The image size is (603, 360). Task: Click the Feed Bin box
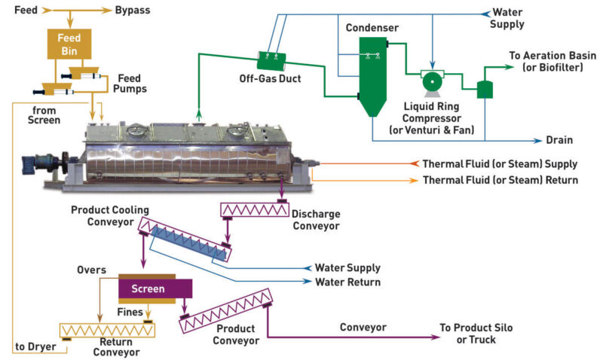click(69, 45)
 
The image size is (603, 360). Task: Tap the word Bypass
click(132, 11)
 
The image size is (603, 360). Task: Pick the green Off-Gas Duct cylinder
click(270, 58)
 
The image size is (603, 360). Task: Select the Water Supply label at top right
click(507, 18)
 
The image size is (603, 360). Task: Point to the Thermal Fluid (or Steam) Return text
click(500, 180)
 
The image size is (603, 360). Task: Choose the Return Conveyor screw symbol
click(106, 330)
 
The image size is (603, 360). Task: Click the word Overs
click(92, 269)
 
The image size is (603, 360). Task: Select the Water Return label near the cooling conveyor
click(347, 282)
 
